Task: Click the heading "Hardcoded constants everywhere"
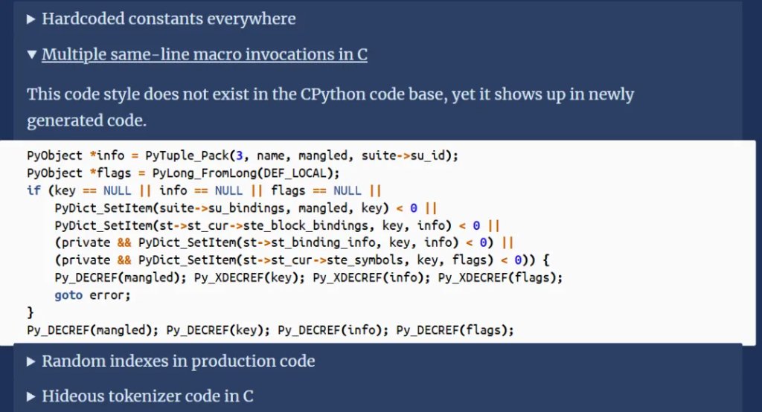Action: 169,19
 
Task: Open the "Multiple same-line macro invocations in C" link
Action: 205,54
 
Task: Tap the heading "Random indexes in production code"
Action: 179,361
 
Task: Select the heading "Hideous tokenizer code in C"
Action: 148,396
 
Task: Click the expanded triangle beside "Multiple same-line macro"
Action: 31,54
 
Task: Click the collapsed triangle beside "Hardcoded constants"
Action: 31,19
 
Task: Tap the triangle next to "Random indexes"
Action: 31,361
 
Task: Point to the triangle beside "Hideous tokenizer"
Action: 31,396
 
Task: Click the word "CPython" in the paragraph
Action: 333,94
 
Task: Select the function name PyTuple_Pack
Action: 187,155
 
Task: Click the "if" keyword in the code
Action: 33,190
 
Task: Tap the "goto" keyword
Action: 68,295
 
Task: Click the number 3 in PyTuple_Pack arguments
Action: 239,155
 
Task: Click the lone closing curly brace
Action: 30,312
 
